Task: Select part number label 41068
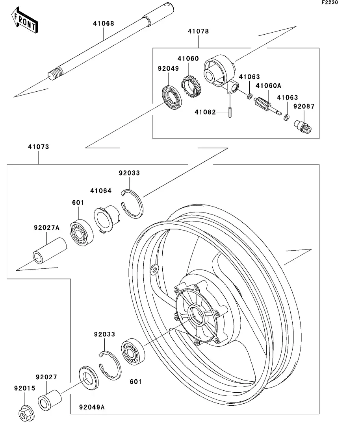coord(104,24)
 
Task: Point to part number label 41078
coord(198,31)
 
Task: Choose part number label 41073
coord(38,147)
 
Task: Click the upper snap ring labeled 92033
coord(133,203)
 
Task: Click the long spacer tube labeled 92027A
coord(49,251)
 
